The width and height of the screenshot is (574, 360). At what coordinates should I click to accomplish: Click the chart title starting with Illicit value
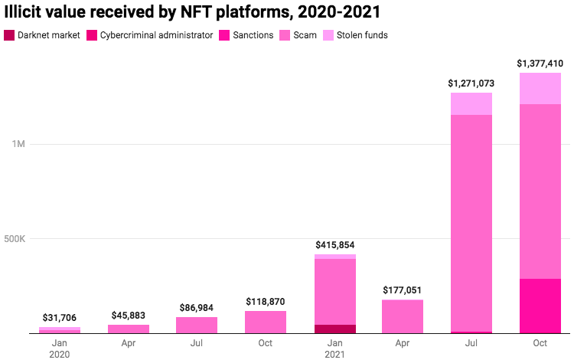(192, 12)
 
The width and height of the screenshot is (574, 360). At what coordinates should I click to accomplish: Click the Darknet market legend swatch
(9, 35)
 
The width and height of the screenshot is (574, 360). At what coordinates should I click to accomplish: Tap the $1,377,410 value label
(540, 63)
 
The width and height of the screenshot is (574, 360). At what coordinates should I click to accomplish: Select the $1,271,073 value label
(471, 83)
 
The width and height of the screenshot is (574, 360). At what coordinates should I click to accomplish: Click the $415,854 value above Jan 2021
(334, 244)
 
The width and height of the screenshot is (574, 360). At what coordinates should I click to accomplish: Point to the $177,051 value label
(403, 290)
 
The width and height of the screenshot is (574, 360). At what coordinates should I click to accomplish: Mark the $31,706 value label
(60, 318)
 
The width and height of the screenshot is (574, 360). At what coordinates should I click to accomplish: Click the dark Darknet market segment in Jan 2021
(334, 329)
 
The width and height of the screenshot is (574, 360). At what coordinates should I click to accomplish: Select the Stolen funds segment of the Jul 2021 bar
(471, 103)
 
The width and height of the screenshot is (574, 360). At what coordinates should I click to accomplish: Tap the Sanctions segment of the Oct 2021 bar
(540, 306)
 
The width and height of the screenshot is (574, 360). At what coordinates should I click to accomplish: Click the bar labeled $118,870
(266, 322)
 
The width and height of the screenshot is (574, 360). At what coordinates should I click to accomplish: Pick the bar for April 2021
(403, 316)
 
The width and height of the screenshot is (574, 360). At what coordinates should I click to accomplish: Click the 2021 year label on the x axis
(334, 355)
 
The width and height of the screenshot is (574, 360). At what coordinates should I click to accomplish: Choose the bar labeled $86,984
(197, 326)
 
